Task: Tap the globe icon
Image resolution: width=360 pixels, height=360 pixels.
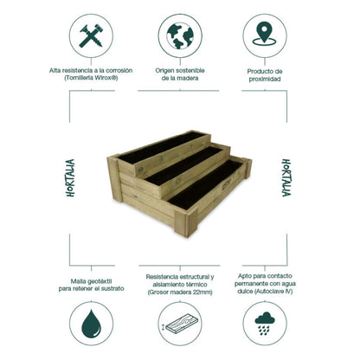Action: coord(180,35)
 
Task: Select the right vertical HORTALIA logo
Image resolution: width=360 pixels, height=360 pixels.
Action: coord(286,178)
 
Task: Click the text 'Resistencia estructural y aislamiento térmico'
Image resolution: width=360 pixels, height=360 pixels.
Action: coord(180,279)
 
